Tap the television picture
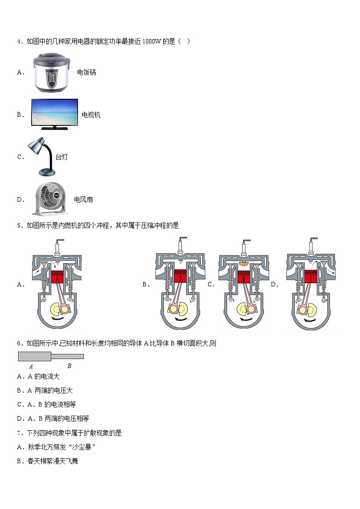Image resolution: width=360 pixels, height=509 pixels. [54, 114]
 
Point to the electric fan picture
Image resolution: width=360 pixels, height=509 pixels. [50, 199]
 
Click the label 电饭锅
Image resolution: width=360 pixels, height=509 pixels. [86, 73]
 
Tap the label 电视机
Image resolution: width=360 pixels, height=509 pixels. [91, 115]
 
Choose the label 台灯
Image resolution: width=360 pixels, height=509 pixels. [61, 157]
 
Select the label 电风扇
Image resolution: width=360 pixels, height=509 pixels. [83, 199]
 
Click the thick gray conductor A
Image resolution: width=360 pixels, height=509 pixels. [34, 357]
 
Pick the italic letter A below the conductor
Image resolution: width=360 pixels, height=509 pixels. [31, 366]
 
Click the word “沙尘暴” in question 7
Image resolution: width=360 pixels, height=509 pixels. [84, 447]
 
